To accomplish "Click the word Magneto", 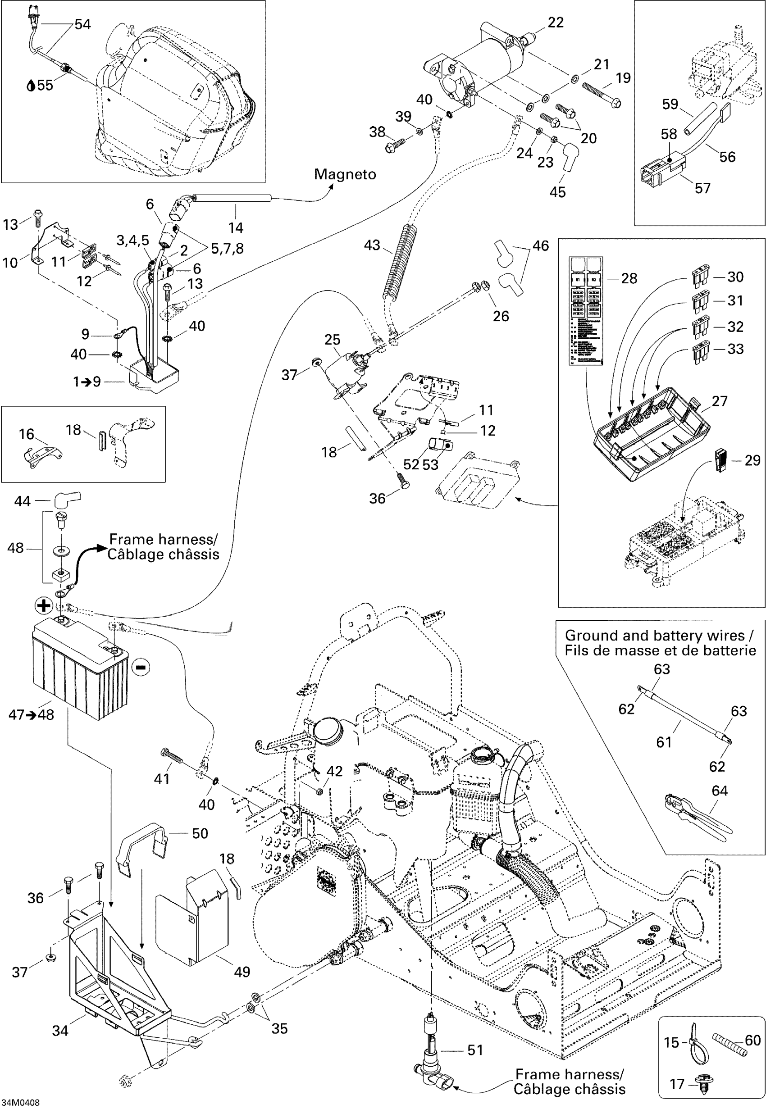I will pos(345,174).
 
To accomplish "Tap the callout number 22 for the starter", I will pos(555,23).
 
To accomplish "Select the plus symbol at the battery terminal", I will pos(44,605).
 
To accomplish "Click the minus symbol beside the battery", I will pos(141,667).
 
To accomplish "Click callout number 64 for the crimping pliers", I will pos(720,791).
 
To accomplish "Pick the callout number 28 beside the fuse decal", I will pos(629,279).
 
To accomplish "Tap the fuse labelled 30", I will pos(701,277).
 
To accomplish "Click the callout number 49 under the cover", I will pos(242,972).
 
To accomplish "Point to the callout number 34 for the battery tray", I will pos(60,1030).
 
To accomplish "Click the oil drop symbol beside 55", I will pos(31,86).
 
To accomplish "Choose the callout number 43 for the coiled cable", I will pos(372,245).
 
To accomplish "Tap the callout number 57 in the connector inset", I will pos(702,188).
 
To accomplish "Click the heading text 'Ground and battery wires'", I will pos(655,636).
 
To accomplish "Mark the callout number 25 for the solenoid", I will pos(332,340).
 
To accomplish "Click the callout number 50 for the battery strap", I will pos(200,833).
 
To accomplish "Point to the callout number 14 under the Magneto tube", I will pos(236,227).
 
